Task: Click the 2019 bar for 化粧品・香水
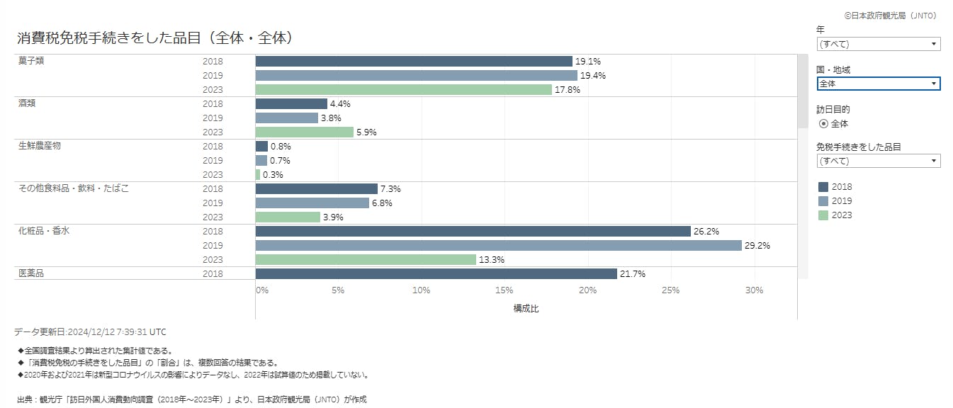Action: tap(498, 246)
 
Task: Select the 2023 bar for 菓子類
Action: tap(403, 90)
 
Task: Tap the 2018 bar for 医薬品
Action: tap(436, 274)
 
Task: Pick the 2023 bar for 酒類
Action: tap(304, 132)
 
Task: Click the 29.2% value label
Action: tap(757, 246)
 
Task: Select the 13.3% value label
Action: tap(492, 260)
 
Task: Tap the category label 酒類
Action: tap(27, 103)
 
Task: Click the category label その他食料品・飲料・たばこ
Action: tap(74, 188)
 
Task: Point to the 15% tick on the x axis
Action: tap(504, 290)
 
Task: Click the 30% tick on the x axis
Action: tap(754, 290)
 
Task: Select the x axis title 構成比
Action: tap(526, 309)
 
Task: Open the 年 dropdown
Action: tap(878, 44)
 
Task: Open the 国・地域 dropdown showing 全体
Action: tap(878, 84)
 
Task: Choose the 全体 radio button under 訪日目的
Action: tap(823, 124)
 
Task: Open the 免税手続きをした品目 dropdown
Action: tap(878, 161)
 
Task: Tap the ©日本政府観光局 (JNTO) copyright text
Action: tap(891, 15)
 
